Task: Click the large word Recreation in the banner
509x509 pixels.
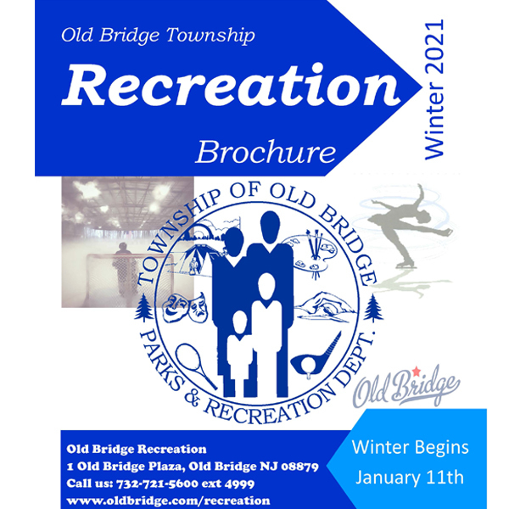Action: (x=231, y=85)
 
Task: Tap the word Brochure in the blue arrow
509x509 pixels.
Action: (x=266, y=152)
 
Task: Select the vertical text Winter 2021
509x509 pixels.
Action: (x=434, y=89)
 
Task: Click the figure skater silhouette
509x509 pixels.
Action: (x=409, y=227)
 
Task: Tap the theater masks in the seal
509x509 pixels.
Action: (x=184, y=307)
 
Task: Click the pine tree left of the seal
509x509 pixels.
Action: (x=143, y=307)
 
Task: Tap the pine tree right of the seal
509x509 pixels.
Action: (x=373, y=308)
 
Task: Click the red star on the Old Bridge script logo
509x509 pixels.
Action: (x=417, y=371)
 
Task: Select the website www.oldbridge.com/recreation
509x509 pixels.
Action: (x=168, y=501)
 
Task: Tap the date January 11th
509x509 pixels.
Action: (x=410, y=478)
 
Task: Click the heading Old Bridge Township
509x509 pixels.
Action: (x=158, y=35)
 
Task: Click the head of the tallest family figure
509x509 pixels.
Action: (x=270, y=227)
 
